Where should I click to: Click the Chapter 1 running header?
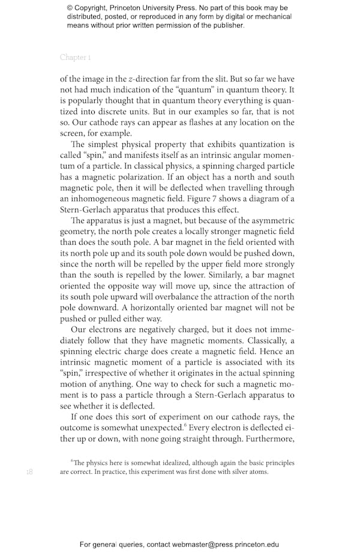click(75, 58)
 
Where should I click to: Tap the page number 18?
click(29, 472)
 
